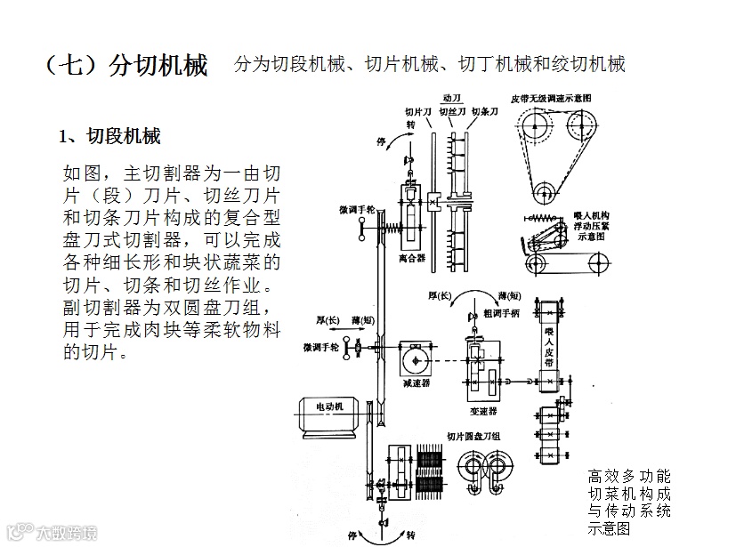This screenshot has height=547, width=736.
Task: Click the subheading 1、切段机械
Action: click(x=109, y=137)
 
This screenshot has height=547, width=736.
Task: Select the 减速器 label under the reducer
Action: click(x=417, y=384)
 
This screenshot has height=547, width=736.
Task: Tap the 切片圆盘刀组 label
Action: click(x=473, y=436)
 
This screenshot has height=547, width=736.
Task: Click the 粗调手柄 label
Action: click(x=499, y=313)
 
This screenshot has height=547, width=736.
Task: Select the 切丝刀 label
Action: click(x=452, y=112)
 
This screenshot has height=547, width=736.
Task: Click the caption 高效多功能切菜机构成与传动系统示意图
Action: click(x=629, y=502)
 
